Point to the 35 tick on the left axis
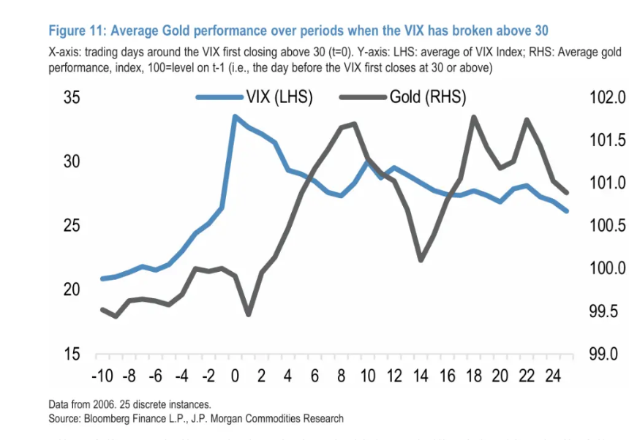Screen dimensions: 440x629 [x=72, y=98]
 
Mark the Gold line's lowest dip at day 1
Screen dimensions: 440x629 [x=249, y=314]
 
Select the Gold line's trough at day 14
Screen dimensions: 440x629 [x=421, y=259]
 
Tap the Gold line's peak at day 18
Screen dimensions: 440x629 [x=474, y=116]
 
